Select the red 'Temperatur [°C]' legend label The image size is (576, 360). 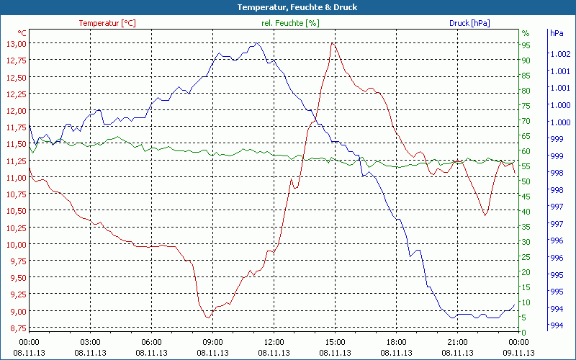point(107,23)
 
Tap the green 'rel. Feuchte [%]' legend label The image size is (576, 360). point(290,23)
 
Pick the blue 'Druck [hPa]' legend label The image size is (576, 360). point(469,23)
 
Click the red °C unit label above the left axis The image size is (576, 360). point(22,33)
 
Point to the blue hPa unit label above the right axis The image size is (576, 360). point(556,33)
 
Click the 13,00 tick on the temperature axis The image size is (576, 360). point(17,44)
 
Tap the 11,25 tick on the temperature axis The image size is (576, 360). point(17,177)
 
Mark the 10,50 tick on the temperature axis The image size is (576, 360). point(17,211)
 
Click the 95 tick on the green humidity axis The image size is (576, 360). point(526,45)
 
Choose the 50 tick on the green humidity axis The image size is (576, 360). point(526,181)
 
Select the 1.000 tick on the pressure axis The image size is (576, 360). point(560,105)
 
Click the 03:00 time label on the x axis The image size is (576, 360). point(91,341)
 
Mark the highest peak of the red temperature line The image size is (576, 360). point(332,43)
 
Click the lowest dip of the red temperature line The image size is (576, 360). point(208,317)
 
